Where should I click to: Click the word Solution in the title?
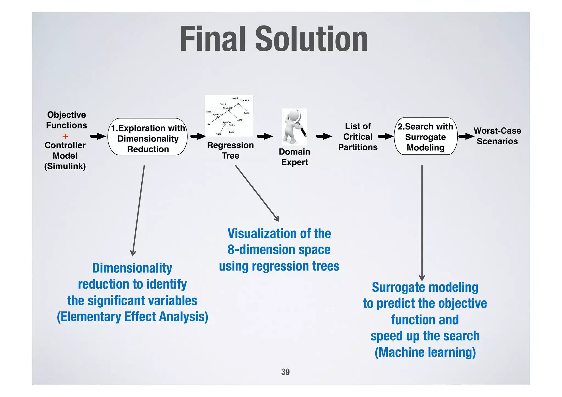click(311, 39)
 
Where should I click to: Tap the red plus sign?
click(65, 136)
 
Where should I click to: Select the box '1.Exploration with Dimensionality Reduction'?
click(148, 137)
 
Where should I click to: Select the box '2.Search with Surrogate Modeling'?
click(425, 137)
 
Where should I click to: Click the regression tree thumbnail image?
click(229, 116)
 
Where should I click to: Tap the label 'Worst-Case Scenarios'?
click(497, 136)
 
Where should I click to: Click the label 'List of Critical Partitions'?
click(358, 137)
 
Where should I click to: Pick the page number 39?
click(285, 372)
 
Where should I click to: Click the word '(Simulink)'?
click(65, 166)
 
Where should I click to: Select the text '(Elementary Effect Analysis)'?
click(133, 317)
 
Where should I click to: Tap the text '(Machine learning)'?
click(425, 353)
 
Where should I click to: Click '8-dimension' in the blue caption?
click(257, 250)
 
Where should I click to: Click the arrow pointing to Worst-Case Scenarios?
click(466, 136)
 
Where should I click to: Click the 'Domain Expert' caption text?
click(294, 157)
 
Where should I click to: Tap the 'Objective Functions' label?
click(66, 120)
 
